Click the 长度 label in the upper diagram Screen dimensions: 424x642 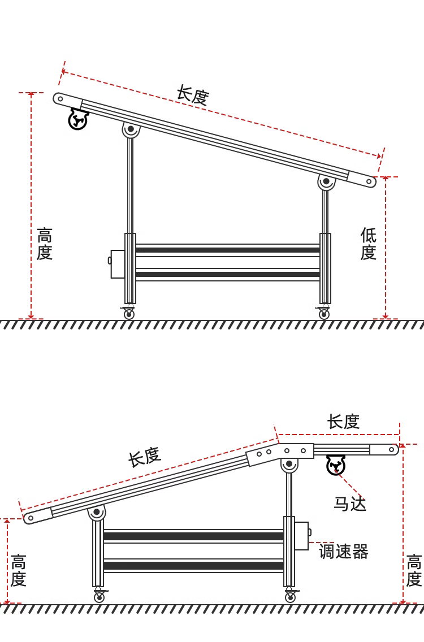(x=193, y=95)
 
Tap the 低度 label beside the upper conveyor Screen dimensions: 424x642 (x=368, y=244)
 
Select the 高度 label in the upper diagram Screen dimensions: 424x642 (x=44, y=244)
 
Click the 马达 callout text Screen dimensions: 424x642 (x=349, y=504)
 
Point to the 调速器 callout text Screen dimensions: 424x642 (x=344, y=551)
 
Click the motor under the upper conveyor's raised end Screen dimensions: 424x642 (x=78, y=119)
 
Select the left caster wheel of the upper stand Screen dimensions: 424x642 (x=129, y=313)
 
